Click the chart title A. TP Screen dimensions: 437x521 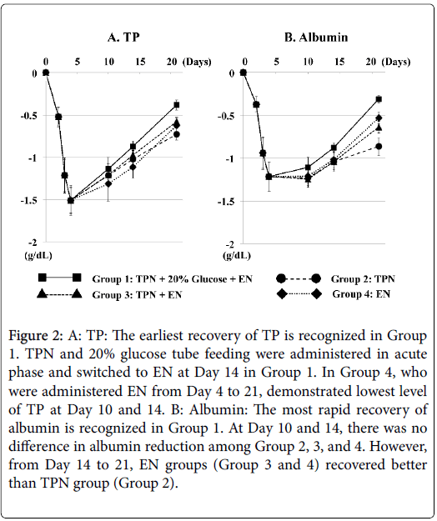click(123, 38)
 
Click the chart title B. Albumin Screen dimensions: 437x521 click(316, 38)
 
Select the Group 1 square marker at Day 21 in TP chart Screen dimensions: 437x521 click(177, 105)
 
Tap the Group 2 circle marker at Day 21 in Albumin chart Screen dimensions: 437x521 click(379, 146)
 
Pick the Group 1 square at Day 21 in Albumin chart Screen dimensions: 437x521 click(379, 99)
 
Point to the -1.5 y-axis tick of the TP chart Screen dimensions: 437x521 click(28, 200)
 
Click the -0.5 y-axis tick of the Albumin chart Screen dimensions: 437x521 click(226, 116)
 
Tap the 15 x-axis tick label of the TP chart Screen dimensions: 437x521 click(141, 62)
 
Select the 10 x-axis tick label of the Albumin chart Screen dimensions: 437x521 click(308, 62)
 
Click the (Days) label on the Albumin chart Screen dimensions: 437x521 click(396, 62)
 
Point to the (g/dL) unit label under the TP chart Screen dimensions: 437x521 click(38, 256)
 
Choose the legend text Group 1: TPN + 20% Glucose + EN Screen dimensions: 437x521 click(172, 278)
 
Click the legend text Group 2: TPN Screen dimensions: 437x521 click(363, 278)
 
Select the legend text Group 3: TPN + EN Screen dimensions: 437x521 click(137, 295)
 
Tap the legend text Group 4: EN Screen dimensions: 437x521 click(361, 294)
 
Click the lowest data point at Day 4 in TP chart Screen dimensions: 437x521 click(71, 200)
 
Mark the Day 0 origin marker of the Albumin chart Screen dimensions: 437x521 click(244, 73)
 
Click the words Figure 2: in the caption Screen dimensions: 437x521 click(35, 336)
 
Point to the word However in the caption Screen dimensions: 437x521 click(399, 446)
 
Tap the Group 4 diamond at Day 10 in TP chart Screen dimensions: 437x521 click(108, 183)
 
